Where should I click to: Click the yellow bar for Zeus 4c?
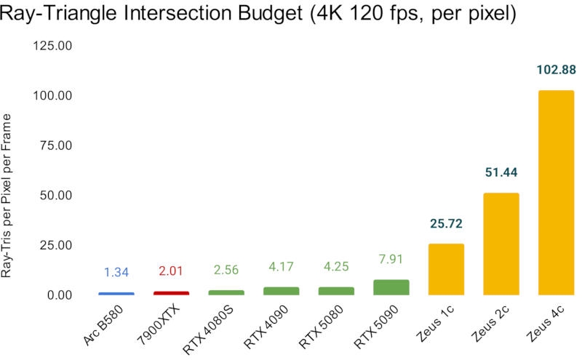(x=556, y=192)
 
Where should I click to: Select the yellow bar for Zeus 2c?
(x=501, y=244)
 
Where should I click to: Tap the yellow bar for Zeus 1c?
(x=446, y=269)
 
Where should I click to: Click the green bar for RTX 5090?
(x=391, y=287)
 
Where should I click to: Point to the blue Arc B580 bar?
(x=116, y=293)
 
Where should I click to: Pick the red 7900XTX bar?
(x=171, y=292)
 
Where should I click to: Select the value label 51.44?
(x=501, y=172)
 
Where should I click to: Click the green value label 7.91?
(x=391, y=259)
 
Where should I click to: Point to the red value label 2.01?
(x=171, y=271)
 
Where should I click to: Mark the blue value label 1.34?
(x=116, y=273)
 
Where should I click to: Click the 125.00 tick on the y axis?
(x=52, y=46)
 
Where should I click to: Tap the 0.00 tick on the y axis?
(x=58, y=295)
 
